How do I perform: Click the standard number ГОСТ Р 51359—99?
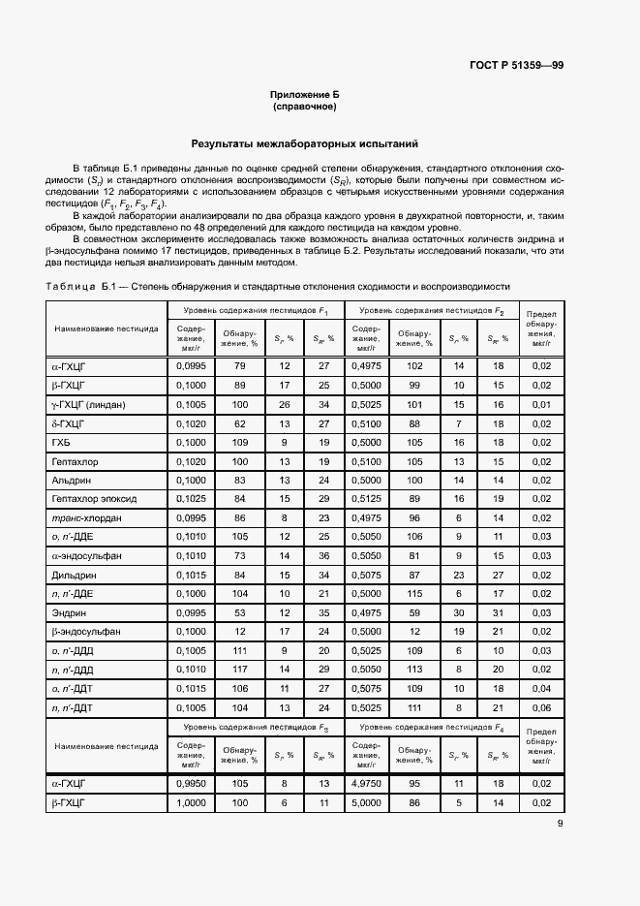[517, 66]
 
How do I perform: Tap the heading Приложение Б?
[305, 94]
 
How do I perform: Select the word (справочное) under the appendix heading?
[305, 107]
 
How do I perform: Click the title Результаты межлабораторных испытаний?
[305, 143]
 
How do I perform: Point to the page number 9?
[561, 825]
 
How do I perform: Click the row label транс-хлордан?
[86, 517]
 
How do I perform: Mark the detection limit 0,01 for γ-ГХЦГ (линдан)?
[540, 404]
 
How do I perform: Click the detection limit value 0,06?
[540, 707]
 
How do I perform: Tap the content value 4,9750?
[366, 783]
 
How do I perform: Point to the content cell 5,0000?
[366, 802]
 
